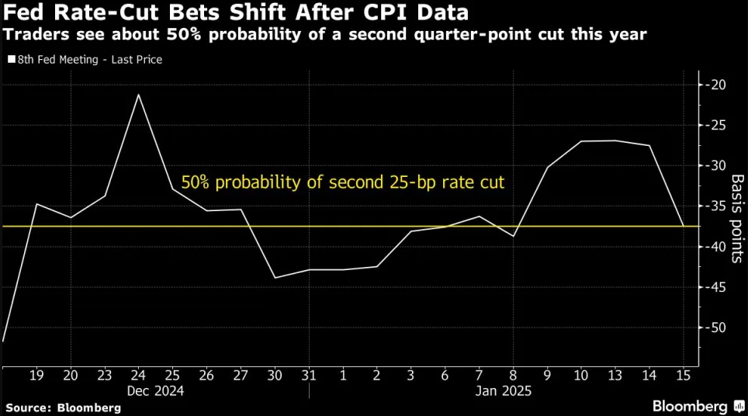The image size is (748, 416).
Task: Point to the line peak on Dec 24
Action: pyautogui.click(x=138, y=95)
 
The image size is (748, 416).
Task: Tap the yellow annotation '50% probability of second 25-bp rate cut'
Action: pyautogui.click(x=342, y=183)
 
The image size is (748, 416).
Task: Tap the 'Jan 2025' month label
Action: pyautogui.click(x=504, y=391)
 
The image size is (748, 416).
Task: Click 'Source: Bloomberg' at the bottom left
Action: pyautogui.click(x=63, y=407)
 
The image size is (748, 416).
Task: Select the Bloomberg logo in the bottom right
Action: pyautogui.click(x=694, y=405)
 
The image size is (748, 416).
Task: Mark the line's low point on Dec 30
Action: pyautogui.click(x=275, y=277)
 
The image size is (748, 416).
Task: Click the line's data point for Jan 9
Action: pyautogui.click(x=547, y=167)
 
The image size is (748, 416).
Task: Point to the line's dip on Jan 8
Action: pyautogui.click(x=513, y=235)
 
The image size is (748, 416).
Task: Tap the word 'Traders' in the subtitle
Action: pyautogui.click(x=31, y=35)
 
